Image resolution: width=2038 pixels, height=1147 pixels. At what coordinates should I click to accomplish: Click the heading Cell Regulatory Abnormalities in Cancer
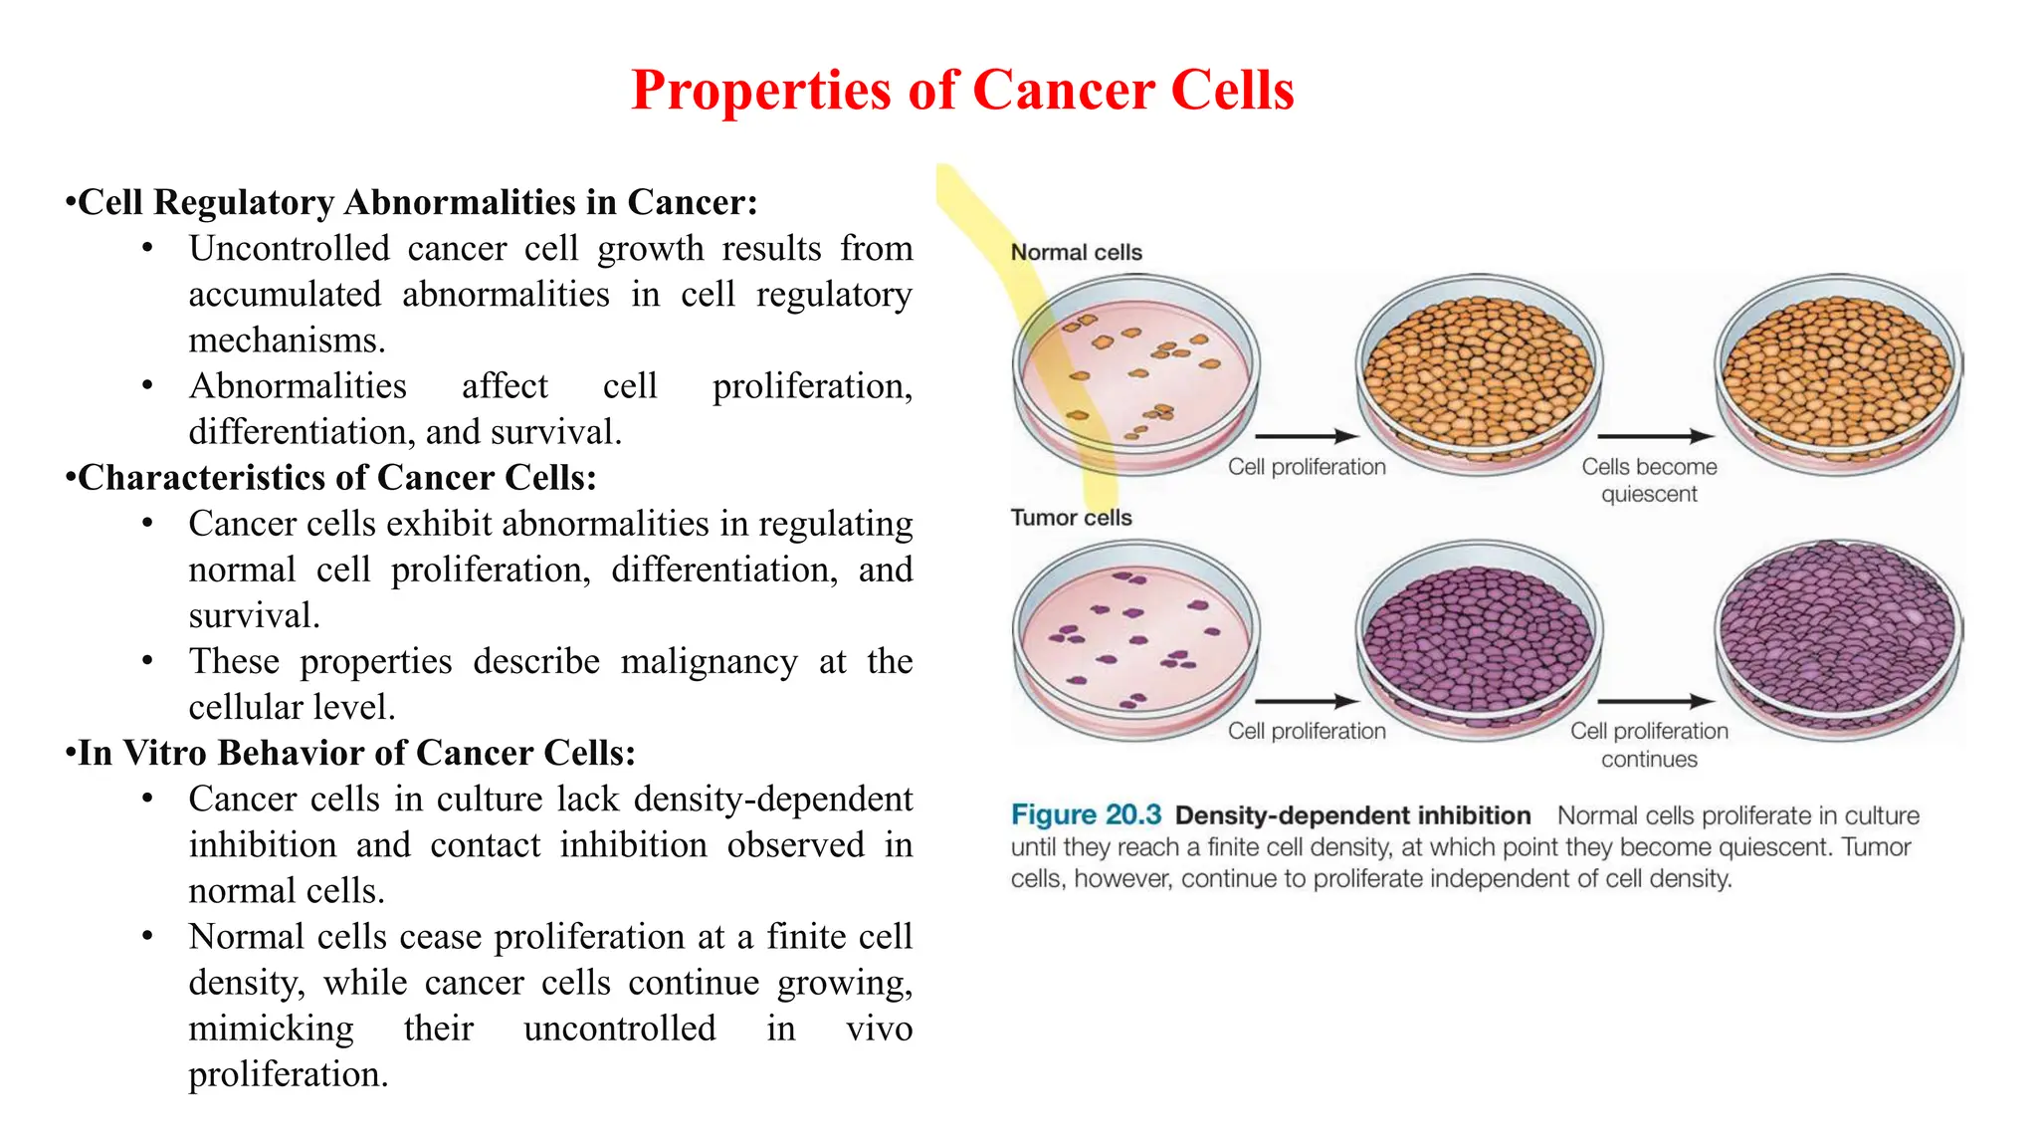[x=417, y=202]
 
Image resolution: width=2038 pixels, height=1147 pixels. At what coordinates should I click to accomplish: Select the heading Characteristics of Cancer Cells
[x=336, y=478]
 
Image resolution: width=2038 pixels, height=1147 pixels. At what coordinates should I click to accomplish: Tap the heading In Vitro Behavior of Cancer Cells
[x=356, y=753]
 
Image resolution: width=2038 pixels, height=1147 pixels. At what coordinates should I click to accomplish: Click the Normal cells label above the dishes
[x=1076, y=252]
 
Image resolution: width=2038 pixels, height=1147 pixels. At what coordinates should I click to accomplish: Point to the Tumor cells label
[x=1071, y=518]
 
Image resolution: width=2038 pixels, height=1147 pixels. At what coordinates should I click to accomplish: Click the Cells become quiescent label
[x=1649, y=480]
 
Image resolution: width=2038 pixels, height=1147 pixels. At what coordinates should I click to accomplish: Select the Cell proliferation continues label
[x=1649, y=745]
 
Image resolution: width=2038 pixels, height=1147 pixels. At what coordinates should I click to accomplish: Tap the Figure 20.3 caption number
[x=1086, y=815]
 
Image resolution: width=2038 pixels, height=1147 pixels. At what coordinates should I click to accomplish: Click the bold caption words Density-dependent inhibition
[x=1352, y=815]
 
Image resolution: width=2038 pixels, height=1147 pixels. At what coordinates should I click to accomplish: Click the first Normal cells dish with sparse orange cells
[x=1136, y=373]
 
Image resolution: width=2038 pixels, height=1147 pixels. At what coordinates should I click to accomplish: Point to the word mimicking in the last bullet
[x=271, y=1029]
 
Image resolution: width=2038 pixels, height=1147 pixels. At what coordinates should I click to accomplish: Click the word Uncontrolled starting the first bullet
[x=289, y=249]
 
